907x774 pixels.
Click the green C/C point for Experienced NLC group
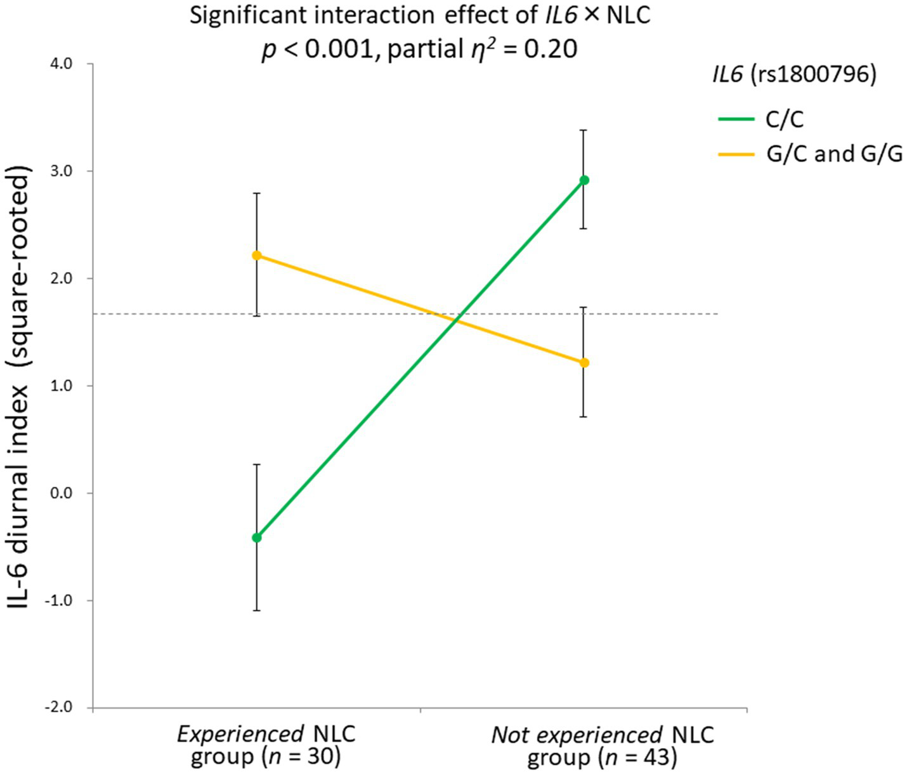click(257, 537)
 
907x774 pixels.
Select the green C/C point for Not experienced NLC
click(584, 180)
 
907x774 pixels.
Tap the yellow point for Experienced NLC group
click(257, 255)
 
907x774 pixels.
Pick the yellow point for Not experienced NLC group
click(584, 363)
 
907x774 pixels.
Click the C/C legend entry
click(784, 119)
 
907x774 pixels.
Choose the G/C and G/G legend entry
click(833, 154)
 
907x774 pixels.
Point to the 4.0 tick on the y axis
click(64, 64)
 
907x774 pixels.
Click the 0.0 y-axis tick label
click(64, 494)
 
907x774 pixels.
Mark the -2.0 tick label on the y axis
click(62, 708)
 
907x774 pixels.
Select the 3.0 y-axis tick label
click(64, 171)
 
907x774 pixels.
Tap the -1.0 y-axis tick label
click(62, 601)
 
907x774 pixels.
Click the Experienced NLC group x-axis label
click(266, 745)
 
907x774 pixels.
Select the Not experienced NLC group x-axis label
click(602, 745)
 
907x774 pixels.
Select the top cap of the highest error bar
click(584, 130)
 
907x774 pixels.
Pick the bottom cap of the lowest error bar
click(257, 610)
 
